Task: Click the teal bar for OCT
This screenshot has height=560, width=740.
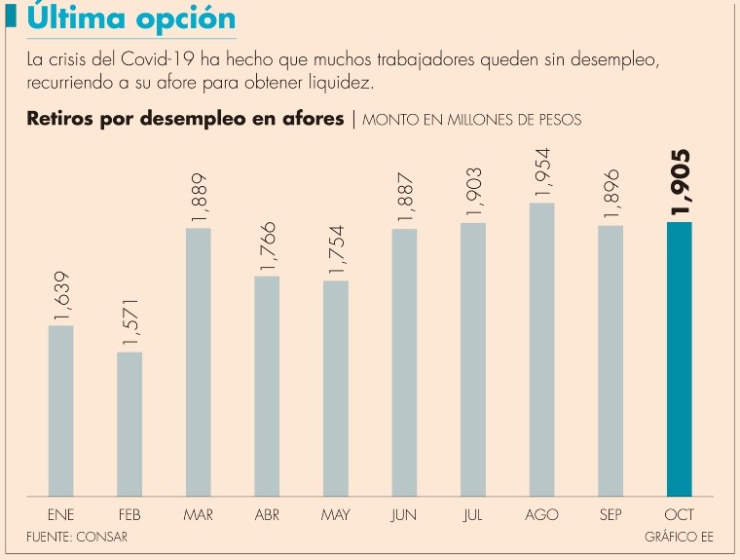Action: (x=679, y=358)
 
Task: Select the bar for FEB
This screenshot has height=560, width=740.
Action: (x=129, y=424)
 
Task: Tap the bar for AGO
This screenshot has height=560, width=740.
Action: (x=541, y=349)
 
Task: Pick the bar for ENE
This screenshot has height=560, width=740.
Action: (x=61, y=410)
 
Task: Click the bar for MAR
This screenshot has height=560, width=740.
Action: (x=198, y=361)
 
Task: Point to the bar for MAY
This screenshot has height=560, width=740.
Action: (x=335, y=388)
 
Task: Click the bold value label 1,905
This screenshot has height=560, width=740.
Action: (x=680, y=183)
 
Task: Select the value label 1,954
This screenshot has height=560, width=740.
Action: (x=541, y=172)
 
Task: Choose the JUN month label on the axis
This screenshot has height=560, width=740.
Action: (x=404, y=514)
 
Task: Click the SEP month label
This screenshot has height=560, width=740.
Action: (x=610, y=514)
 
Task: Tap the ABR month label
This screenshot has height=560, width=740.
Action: (x=267, y=514)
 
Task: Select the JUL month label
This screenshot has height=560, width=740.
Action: (x=473, y=514)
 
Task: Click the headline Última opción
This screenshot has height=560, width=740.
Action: (x=132, y=19)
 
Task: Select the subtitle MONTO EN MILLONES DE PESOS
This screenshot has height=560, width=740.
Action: (x=472, y=121)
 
